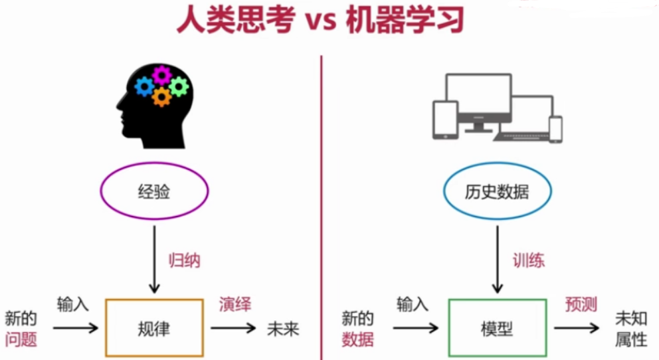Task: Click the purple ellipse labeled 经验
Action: [154, 192]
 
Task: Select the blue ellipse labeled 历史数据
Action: [497, 192]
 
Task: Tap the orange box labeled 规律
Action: [154, 328]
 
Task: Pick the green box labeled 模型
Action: [497, 328]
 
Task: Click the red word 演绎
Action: [236, 305]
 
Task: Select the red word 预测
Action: [581, 305]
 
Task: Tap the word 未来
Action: [284, 329]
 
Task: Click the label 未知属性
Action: [630, 329]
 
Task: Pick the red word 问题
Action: [21, 340]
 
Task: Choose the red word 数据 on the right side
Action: [358, 340]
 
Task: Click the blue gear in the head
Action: [144, 86]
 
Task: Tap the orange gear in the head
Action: [161, 98]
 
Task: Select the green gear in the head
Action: [179, 86]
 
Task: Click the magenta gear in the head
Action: [161, 74]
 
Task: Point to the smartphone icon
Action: [555, 129]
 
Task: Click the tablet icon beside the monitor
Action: [445, 120]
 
